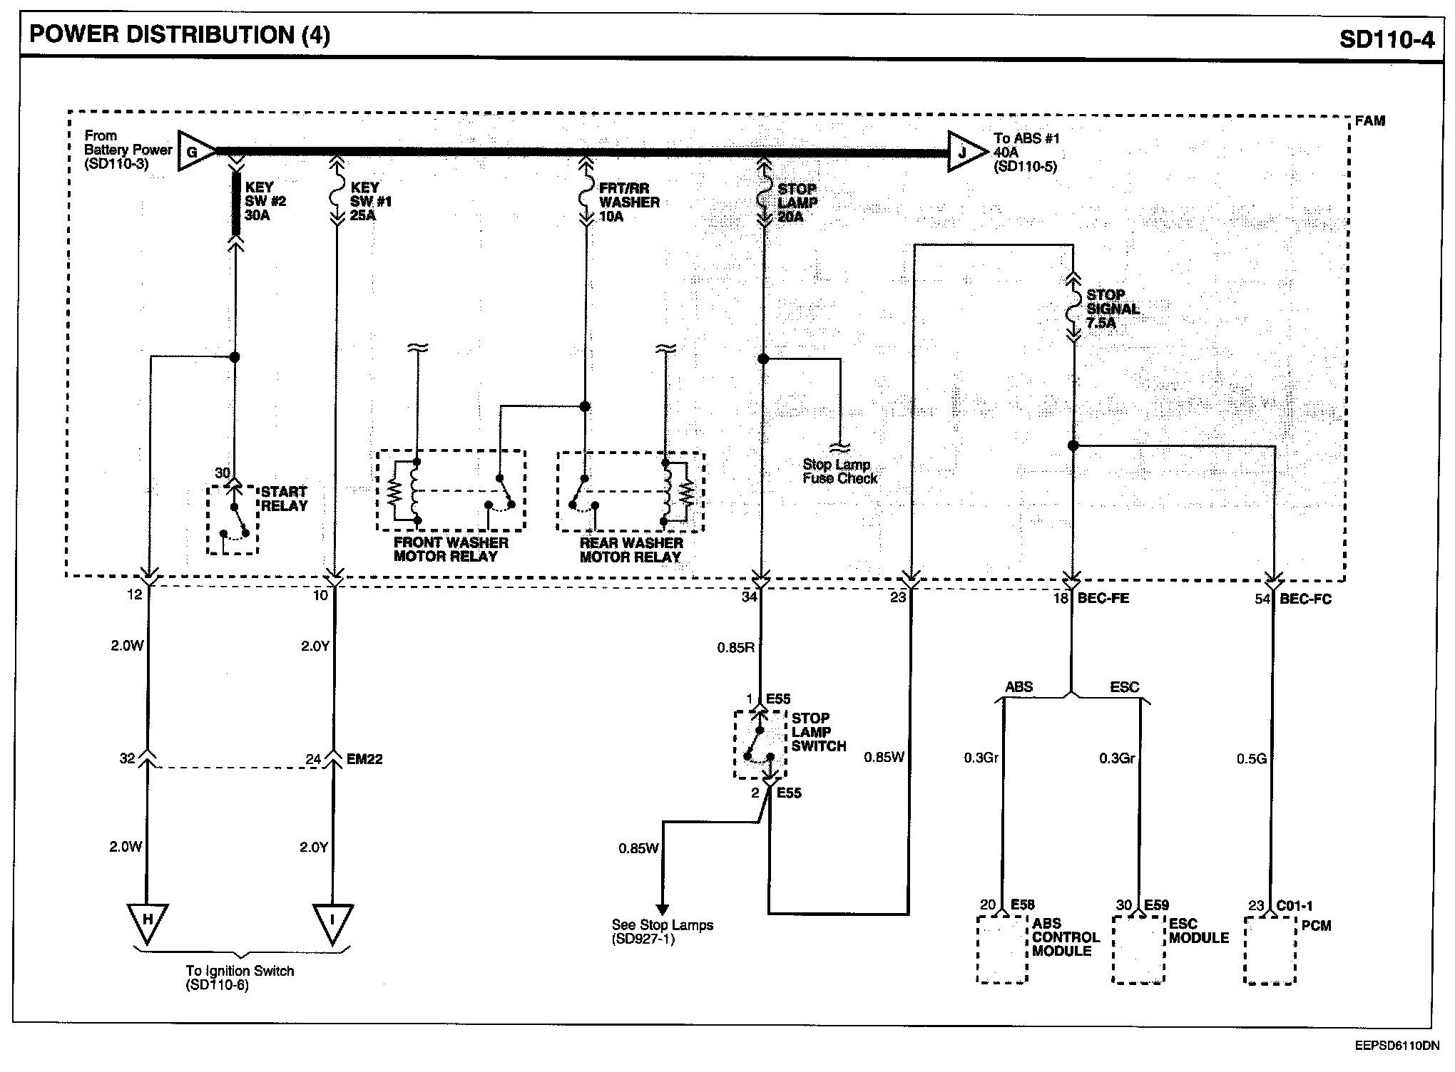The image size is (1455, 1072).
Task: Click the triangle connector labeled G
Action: pos(194,150)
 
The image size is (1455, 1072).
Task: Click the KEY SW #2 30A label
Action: pos(265,201)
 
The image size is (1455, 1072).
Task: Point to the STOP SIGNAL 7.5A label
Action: pos(1113,309)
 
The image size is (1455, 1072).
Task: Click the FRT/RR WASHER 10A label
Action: pos(629,202)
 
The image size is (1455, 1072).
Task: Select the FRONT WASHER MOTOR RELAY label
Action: pos(451,550)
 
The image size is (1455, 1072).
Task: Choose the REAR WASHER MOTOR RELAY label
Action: pos(631,550)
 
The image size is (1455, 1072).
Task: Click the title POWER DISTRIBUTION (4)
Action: pos(180,34)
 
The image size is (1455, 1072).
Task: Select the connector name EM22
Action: pos(364,759)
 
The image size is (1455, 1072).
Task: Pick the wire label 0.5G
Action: pos(1252,759)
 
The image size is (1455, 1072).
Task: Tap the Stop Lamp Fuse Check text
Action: pos(839,471)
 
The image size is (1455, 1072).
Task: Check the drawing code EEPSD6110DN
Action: pos(1397,1047)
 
